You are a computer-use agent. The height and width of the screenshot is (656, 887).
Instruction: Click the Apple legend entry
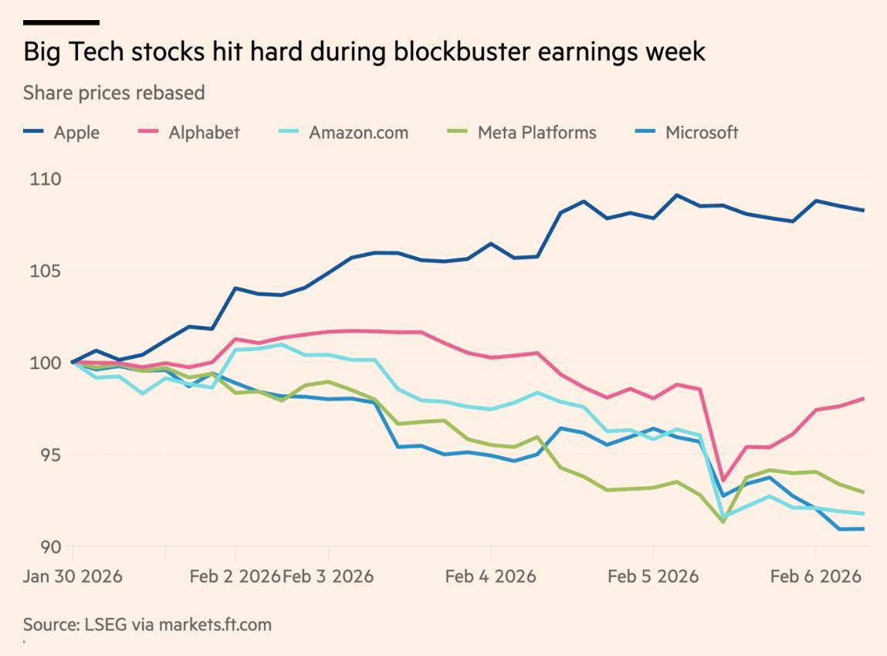pyautogui.click(x=76, y=133)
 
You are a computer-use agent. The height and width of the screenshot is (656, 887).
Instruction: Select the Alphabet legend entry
pyautogui.click(x=204, y=133)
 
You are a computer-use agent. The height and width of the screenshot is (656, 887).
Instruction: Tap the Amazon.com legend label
pyautogui.click(x=358, y=133)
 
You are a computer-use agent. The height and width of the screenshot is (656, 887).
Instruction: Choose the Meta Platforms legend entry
pyautogui.click(x=537, y=133)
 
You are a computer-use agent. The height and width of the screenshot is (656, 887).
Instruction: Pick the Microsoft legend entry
pyautogui.click(x=702, y=133)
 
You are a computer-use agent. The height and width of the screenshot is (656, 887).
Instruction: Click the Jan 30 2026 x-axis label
pyautogui.click(x=73, y=577)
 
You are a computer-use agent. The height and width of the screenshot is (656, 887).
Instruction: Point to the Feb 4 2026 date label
pyautogui.click(x=490, y=577)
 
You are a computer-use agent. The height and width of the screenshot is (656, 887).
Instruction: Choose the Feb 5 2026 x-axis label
pyautogui.click(x=653, y=577)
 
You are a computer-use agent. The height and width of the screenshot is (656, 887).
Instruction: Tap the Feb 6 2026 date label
pyautogui.click(x=815, y=577)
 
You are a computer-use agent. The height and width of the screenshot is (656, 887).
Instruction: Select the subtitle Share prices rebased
pyautogui.click(x=113, y=93)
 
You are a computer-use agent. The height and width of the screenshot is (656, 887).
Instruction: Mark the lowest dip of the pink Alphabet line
pyautogui.click(x=723, y=480)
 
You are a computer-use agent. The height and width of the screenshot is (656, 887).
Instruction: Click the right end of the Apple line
pyautogui.click(x=863, y=210)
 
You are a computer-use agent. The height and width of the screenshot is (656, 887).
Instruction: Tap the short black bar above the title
pyautogui.click(x=61, y=22)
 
